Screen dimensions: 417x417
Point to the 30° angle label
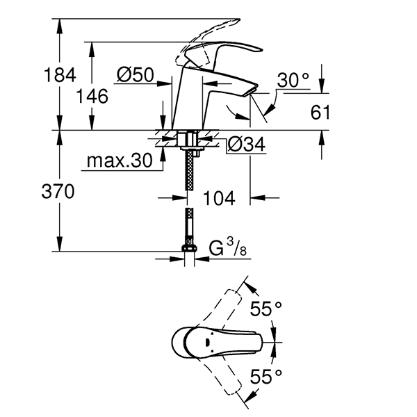coord(293,80)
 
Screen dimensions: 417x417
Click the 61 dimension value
coord(320,112)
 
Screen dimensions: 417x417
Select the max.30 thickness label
coord(119,161)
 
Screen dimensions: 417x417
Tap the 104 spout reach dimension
coord(220,198)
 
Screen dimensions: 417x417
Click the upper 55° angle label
coord(267,309)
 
